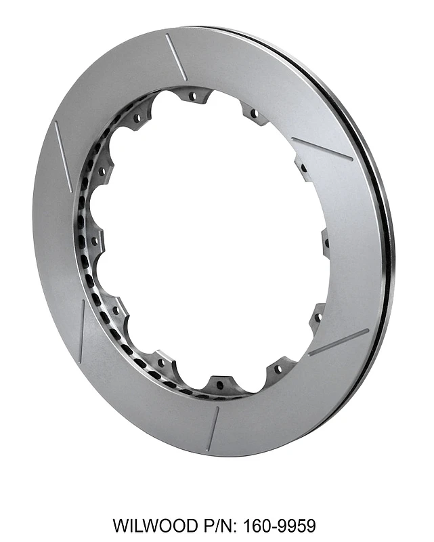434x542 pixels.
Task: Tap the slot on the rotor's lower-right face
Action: tap(338, 343)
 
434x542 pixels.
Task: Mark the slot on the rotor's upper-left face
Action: tap(63, 146)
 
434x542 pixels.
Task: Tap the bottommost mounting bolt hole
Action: tap(219, 385)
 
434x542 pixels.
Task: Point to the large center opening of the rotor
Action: tap(210, 237)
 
